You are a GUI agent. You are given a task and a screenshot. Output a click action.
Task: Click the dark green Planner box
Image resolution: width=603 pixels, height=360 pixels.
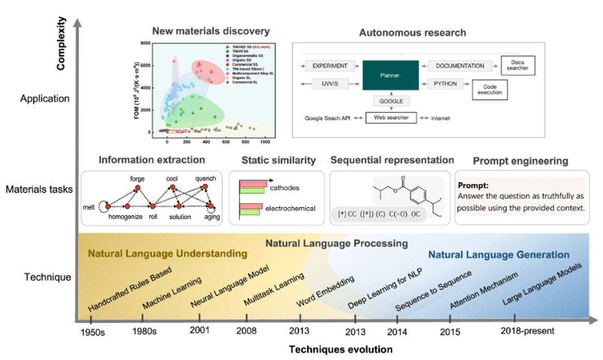[390, 75]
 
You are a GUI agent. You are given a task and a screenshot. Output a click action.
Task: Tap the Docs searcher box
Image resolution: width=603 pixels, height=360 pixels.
[518, 65]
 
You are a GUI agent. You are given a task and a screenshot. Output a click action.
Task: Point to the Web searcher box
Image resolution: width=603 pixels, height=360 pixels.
[391, 118]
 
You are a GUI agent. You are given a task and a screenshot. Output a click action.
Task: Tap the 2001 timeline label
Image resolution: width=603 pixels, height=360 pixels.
[199, 331]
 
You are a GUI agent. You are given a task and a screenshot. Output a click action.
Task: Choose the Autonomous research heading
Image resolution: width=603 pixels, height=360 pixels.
[413, 33]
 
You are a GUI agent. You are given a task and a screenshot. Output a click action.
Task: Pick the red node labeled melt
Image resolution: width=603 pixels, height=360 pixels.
[108, 206]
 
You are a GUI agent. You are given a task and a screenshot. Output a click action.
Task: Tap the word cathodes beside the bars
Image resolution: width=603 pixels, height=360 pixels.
[285, 188]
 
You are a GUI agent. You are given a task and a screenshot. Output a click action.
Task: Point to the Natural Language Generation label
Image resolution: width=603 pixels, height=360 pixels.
[499, 254]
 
